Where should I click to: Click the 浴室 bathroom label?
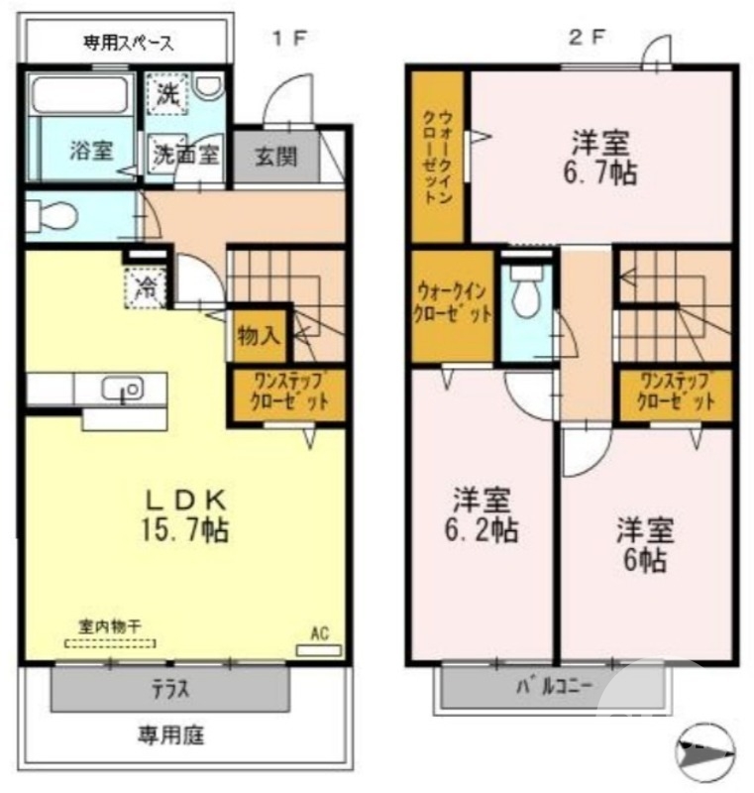90,153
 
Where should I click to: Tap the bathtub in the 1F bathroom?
82,96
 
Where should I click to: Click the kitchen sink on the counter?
123,390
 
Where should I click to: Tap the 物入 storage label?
260,336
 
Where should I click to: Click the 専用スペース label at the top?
128,43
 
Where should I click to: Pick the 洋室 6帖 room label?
646,544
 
